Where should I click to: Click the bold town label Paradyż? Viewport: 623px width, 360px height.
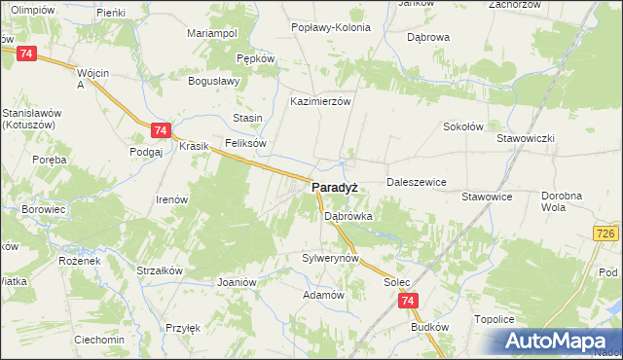tap(338, 187)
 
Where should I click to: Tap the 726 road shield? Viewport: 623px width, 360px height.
tap(606, 234)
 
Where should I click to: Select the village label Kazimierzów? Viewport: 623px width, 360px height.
tap(320, 100)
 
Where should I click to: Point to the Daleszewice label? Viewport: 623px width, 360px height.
tap(416, 182)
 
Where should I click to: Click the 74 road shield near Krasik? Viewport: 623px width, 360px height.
tap(162, 130)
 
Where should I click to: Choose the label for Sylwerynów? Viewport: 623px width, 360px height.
tap(331, 259)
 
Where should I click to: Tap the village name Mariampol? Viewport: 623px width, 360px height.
tap(212, 33)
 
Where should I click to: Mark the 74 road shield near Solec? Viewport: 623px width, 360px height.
tap(409, 303)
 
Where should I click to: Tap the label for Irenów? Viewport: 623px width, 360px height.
tap(171, 199)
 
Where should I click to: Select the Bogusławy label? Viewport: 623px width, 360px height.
tap(214, 81)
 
